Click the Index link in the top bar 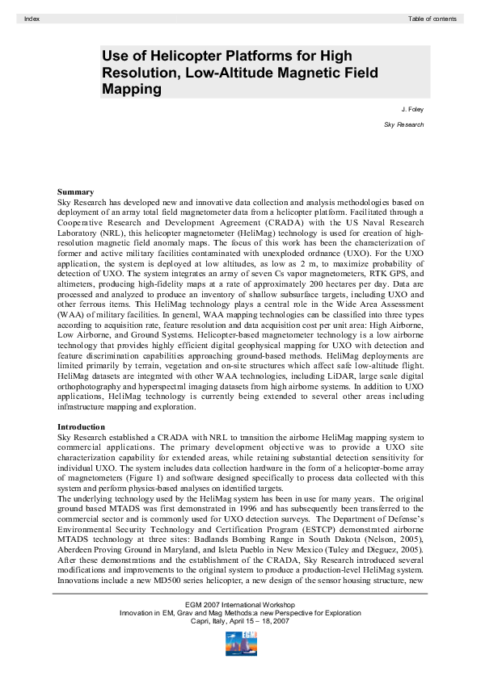pyautogui.click(x=32, y=18)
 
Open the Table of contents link pyautogui.click(x=432, y=18)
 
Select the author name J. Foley pyautogui.click(x=412, y=107)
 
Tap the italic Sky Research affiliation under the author pyautogui.click(x=403, y=124)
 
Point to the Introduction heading pyautogui.click(x=81, y=426)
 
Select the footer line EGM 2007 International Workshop pyautogui.click(x=239, y=604)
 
